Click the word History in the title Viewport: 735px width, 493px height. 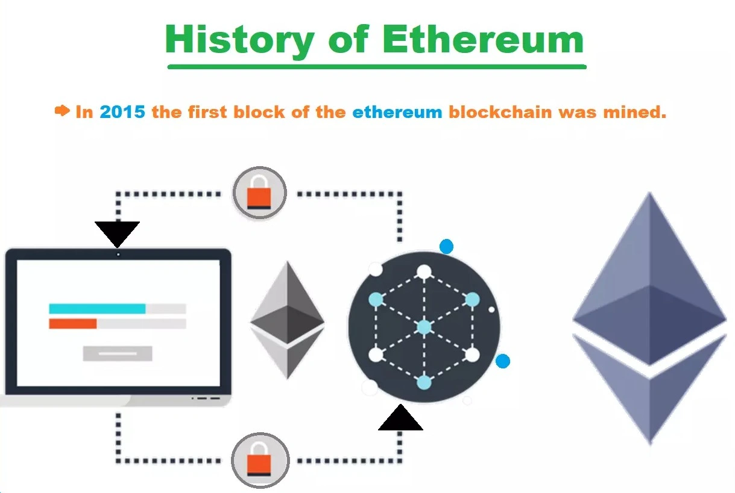(x=239, y=40)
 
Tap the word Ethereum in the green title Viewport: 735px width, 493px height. (x=483, y=39)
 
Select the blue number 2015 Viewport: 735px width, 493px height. (x=122, y=112)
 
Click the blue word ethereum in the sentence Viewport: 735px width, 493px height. (x=397, y=112)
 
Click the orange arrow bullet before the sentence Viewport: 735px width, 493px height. (x=62, y=111)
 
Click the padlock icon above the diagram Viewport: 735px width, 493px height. (x=259, y=193)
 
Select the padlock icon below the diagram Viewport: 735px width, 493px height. (x=260, y=460)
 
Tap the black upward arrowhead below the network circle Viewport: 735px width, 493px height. (x=400, y=418)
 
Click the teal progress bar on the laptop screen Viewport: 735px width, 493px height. (x=97, y=309)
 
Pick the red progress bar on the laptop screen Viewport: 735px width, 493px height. (x=73, y=324)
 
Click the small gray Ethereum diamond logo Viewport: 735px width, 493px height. (x=288, y=320)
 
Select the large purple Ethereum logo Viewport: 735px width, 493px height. (x=650, y=318)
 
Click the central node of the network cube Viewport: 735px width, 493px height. (x=424, y=327)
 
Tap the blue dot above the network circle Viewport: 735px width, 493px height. (x=446, y=246)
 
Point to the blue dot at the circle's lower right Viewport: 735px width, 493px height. (x=503, y=361)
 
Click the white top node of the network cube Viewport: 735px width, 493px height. (x=424, y=272)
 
